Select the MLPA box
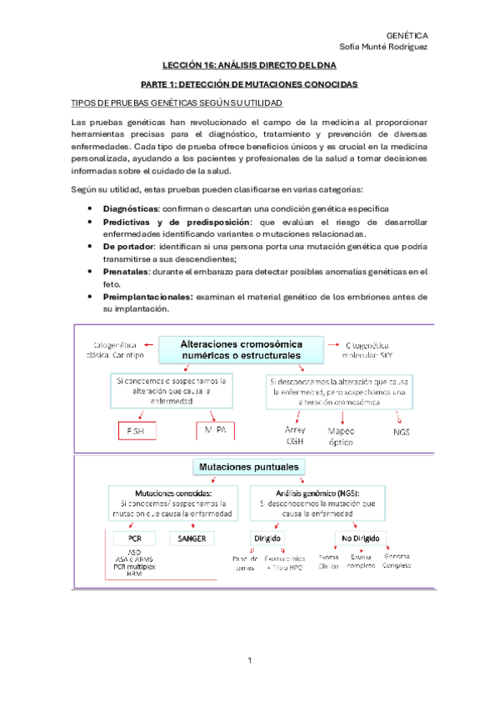(214, 432)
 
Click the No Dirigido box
(357, 538)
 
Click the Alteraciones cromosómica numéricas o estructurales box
(242, 349)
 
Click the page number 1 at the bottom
(249, 661)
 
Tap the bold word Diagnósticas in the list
(130, 208)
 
